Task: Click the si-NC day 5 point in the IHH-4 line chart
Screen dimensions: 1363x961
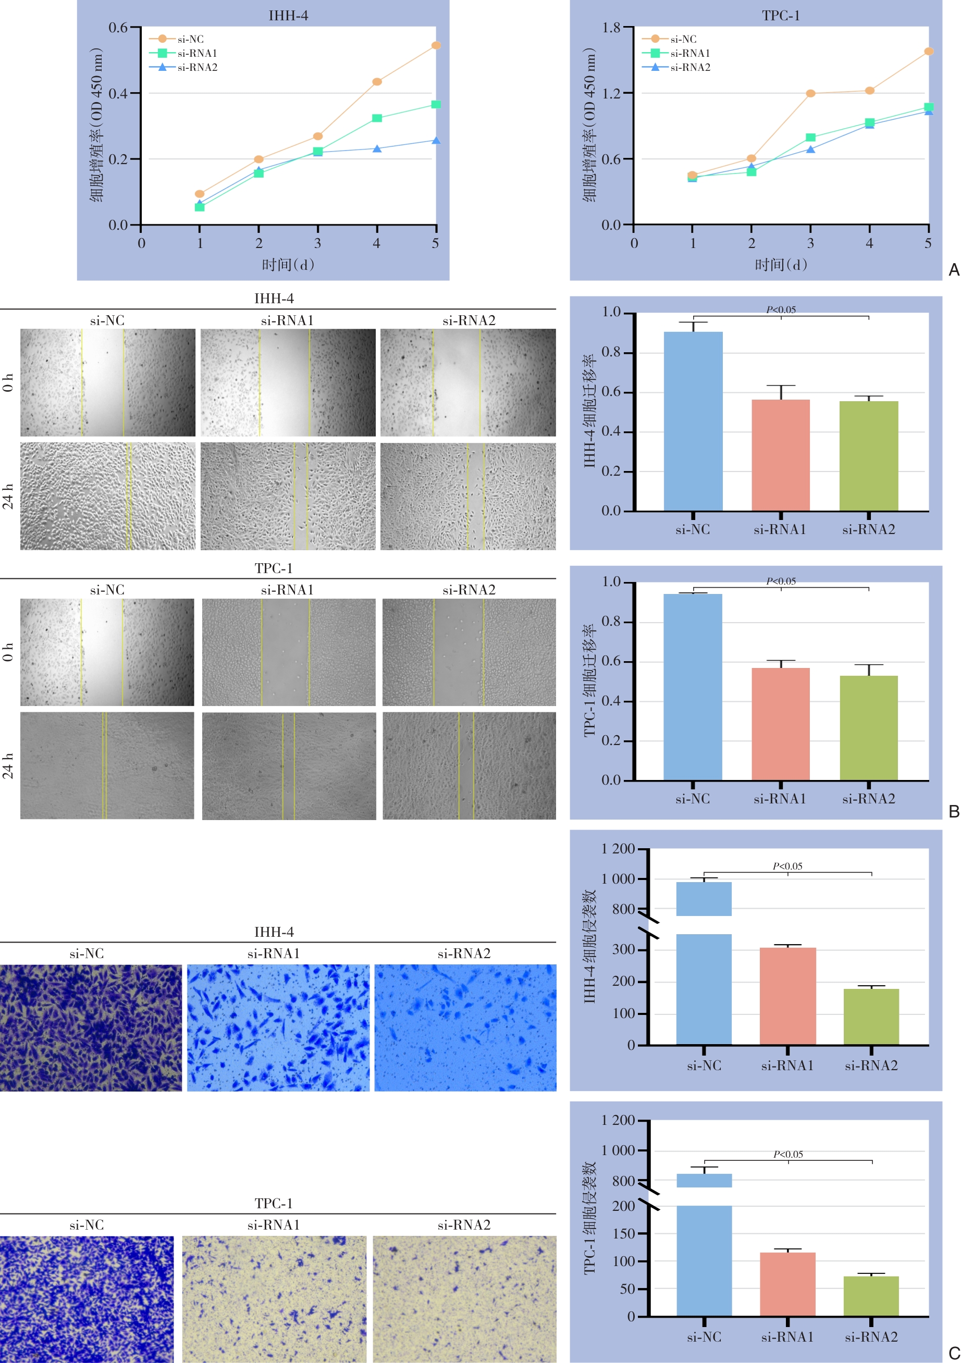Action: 436,45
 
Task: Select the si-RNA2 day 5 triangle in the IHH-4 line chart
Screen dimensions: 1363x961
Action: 436,141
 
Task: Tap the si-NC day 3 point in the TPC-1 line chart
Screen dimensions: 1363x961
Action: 810,93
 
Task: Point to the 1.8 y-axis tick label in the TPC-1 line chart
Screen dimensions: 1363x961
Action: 611,28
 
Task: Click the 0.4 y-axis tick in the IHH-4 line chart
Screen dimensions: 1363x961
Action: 118,94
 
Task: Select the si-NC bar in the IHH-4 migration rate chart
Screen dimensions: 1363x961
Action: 693,422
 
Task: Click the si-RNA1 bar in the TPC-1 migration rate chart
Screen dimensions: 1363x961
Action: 781,724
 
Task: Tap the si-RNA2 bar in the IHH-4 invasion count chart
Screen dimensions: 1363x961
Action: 871,1017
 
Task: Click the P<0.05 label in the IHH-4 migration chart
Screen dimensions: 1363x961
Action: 781,310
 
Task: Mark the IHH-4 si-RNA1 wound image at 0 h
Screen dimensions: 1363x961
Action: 288,382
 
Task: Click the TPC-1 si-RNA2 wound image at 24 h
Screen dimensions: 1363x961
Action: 469,766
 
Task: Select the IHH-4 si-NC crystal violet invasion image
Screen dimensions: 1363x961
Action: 91,1027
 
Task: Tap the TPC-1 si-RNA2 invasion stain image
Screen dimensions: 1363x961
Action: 464,1299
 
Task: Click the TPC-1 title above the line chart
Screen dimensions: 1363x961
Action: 781,16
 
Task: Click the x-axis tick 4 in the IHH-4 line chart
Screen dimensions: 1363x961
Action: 377,243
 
